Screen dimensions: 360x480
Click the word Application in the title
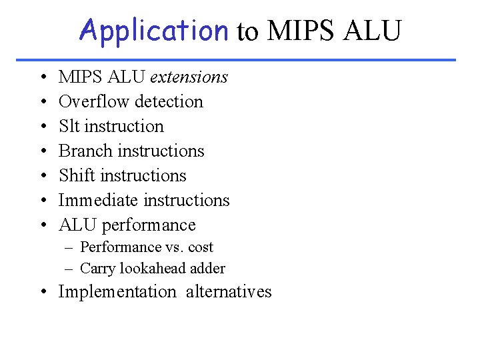click(x=153, y=30)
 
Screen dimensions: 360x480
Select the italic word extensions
click(x=189, y=77)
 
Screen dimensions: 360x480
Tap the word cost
click(x=201, y=247)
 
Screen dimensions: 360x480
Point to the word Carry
click(x=97, y=269)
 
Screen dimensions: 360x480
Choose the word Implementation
click(x=117, y=292)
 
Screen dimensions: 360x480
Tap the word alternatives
click(x=229, y=292)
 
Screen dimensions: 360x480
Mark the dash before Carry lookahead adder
click(x=69, y=269)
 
